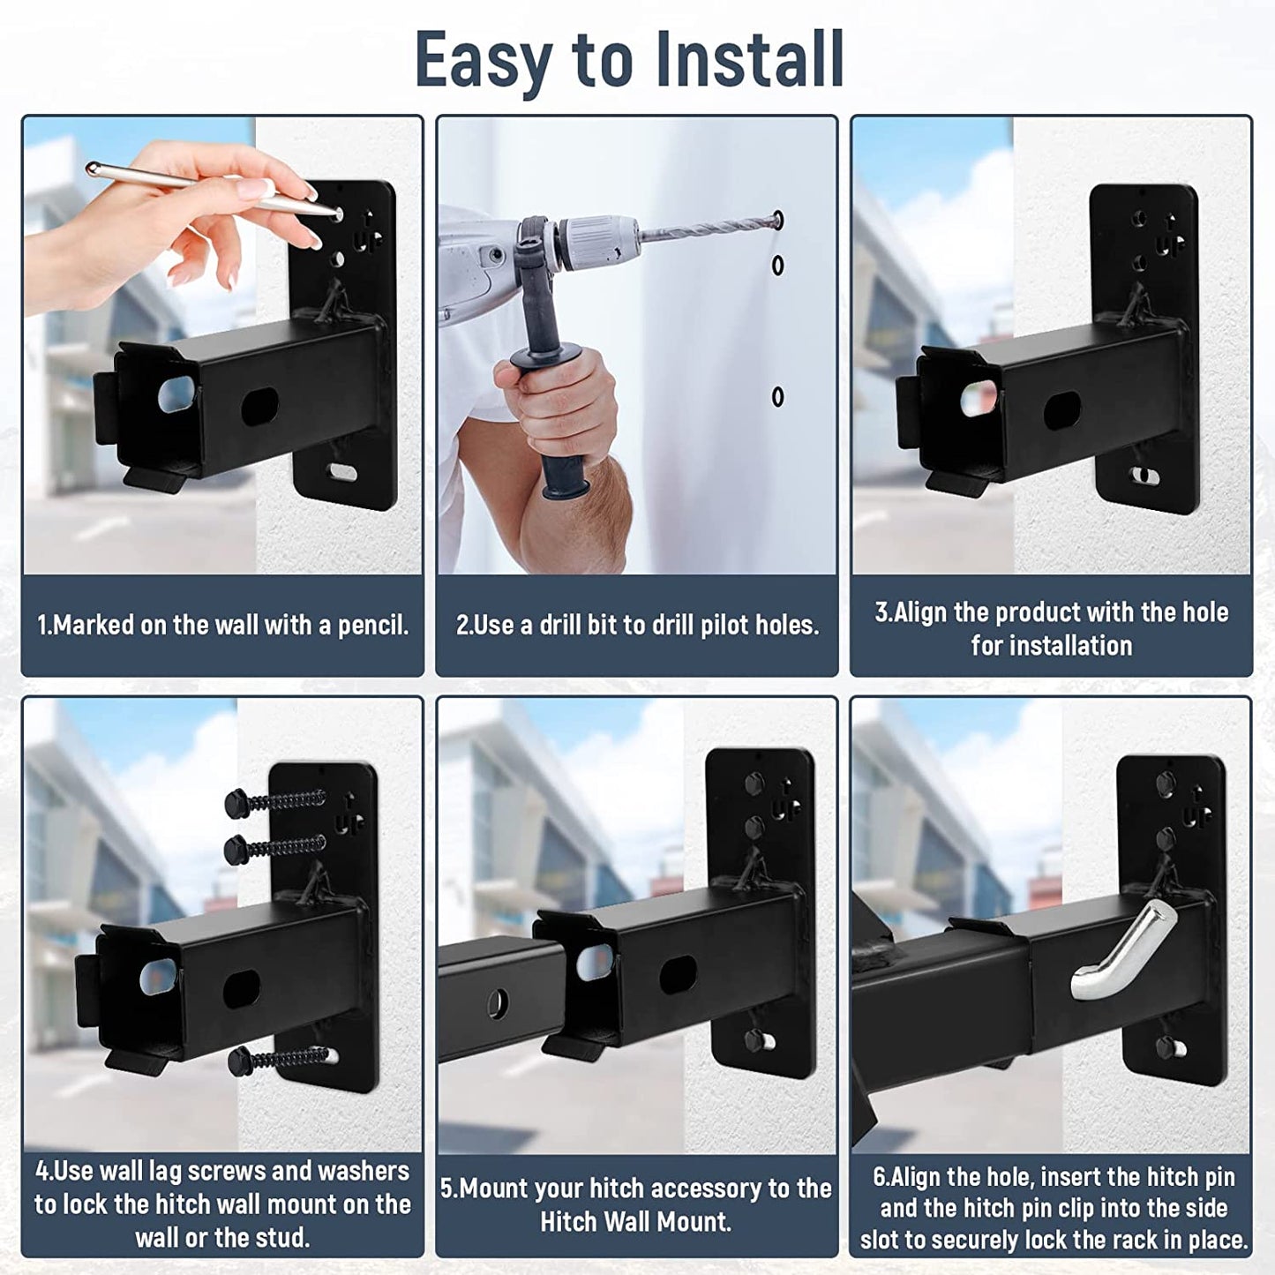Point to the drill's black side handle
tap(553, 410)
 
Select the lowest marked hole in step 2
tap(778, 397)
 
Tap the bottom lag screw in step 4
tap(278, 1060)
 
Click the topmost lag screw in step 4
tap(275, 801)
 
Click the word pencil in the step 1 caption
tap(373, 626)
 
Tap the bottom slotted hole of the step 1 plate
tap(343, 472)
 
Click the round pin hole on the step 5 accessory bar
tap(497, 1004)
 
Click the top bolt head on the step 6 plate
tap(1166, 783)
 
